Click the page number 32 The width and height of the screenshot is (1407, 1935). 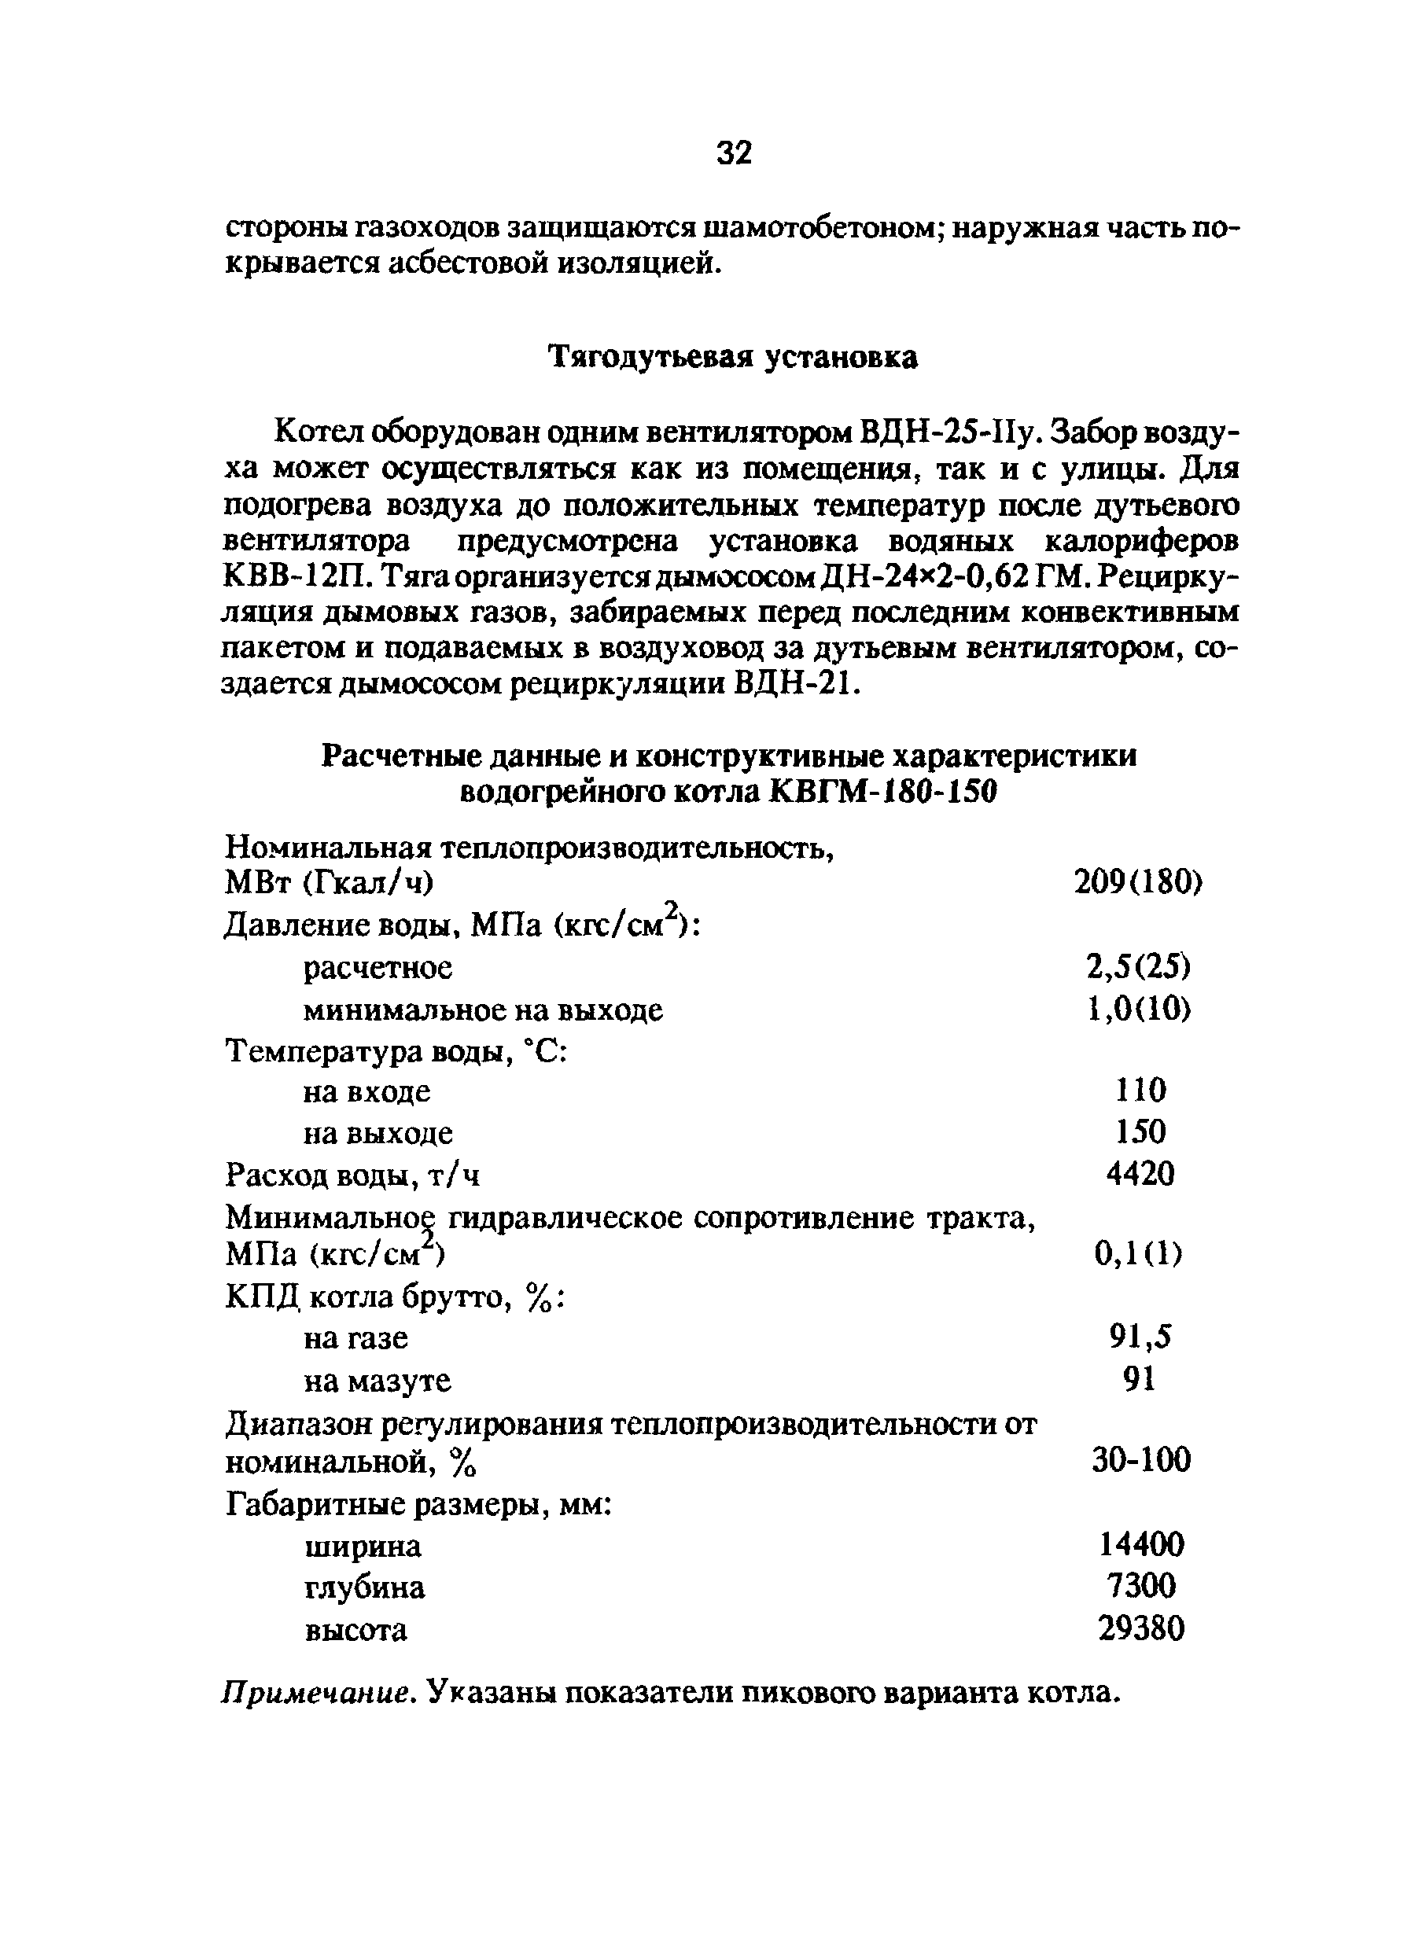click(x=735, y=153)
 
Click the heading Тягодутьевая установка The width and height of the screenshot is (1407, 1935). click(x=732, y=358)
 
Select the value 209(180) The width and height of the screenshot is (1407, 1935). click(x=1137, y=882)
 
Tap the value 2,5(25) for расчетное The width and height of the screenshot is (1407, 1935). click(x=1138, y=966)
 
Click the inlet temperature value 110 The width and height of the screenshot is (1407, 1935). click(x=1140, y=1091)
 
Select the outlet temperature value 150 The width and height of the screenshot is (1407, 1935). click(x=1140, y=1132)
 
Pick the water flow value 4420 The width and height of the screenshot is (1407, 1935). click(x=1140, y=1175)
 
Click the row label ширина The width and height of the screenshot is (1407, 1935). click(x=363, y=1546)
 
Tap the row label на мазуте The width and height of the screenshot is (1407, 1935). click(x=378, y=1381)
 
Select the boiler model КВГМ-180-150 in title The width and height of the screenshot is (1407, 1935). click(x=882, y=793)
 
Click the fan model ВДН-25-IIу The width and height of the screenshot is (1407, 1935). click(x=948, y=434)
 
